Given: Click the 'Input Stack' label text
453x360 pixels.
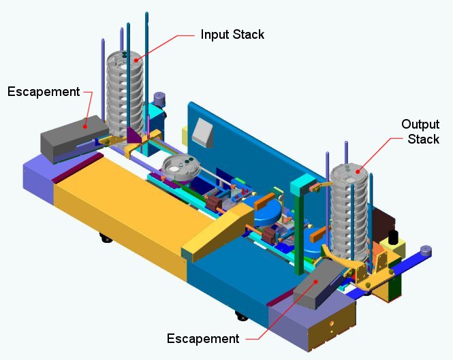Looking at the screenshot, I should pos(232,34).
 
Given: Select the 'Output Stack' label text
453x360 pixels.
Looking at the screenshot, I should pos(420,131).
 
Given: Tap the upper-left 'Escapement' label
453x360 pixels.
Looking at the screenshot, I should pos(44,91).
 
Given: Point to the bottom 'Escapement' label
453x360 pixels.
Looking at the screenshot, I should pos(203,338).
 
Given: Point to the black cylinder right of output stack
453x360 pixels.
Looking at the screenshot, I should pos(392,239).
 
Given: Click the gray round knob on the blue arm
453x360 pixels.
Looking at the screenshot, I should pos(426,250).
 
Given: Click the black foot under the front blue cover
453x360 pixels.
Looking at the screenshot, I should pos(240,316).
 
